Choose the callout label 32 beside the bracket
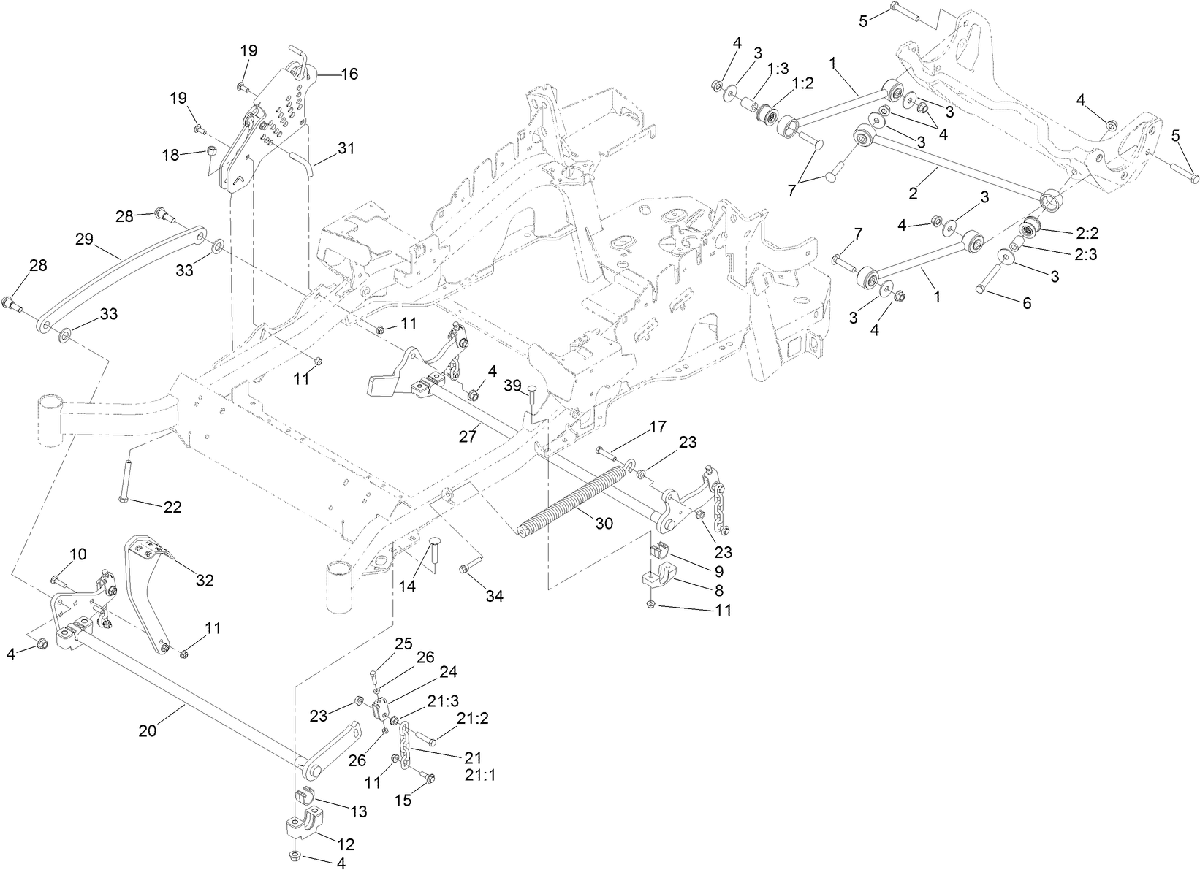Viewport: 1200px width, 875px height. (x=205, y=580)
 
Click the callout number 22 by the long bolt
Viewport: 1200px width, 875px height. (x=172, y=507)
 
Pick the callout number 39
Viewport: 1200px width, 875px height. (x=512, y=384)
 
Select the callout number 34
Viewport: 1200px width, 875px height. (x=495, y=596)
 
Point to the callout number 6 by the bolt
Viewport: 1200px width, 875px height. (x=1027, y=303)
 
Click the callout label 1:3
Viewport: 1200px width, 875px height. (x=778, y=68)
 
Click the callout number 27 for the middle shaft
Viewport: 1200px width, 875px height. (x=468, y=437)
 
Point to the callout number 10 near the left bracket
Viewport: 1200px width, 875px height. (x=78, y=554)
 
